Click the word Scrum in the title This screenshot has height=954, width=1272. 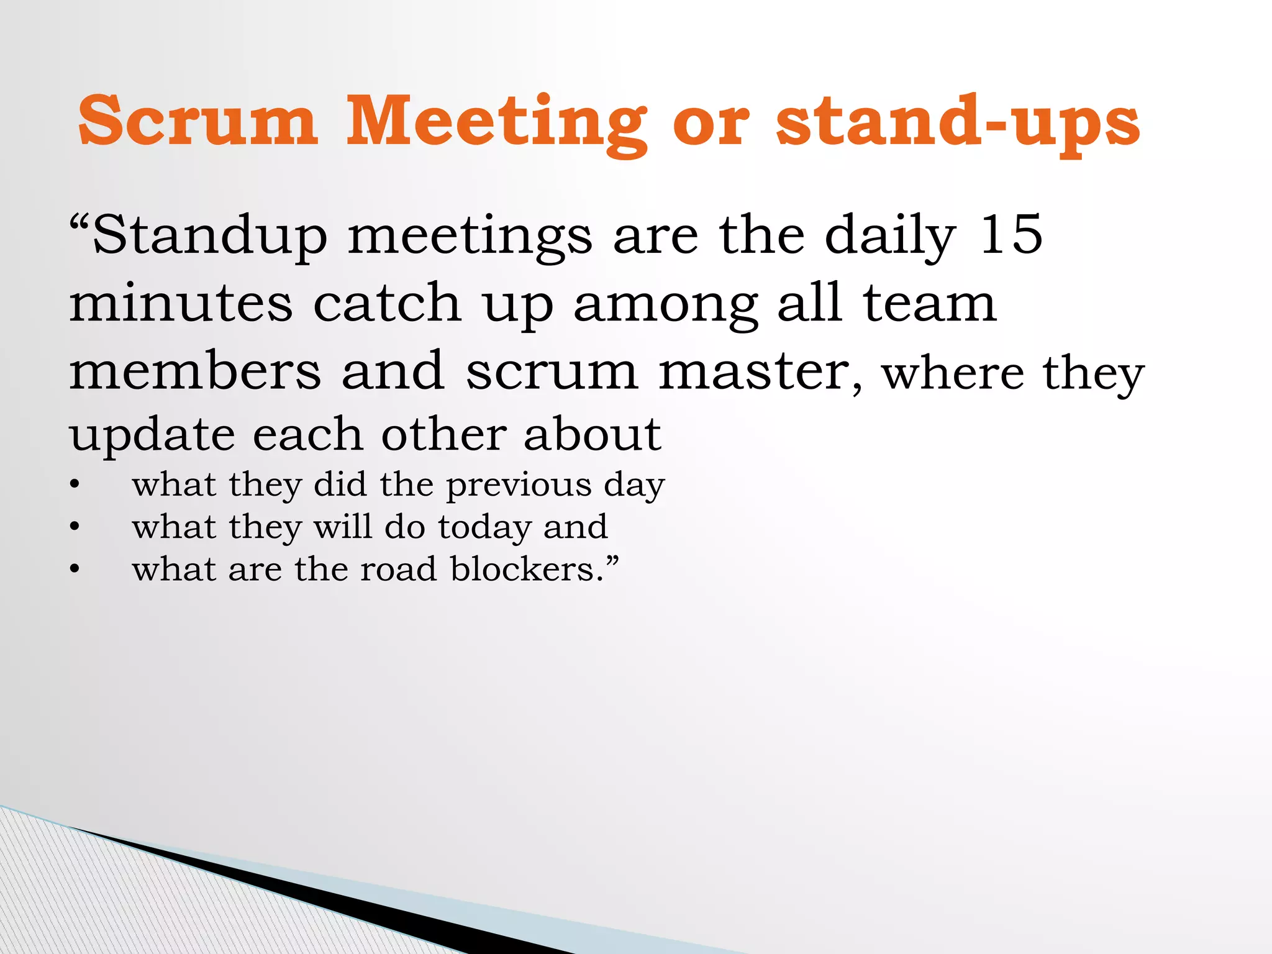coord(198,120)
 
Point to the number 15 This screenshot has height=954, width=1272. coord(1011,235)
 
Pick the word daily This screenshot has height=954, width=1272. coord(890,237)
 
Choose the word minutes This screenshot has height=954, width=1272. coord(180,304)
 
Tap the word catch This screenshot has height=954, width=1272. coord(387,304)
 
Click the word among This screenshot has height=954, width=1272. coord(665,306)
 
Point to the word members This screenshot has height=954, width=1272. coord(195,371)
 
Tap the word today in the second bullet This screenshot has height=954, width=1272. coord(484,528)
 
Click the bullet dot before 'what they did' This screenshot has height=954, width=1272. coord(75,486)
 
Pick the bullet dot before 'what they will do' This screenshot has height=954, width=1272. coord(75,527)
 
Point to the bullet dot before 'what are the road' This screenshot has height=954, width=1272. coord(75,570)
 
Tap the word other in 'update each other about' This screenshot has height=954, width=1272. coord(443,434)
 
